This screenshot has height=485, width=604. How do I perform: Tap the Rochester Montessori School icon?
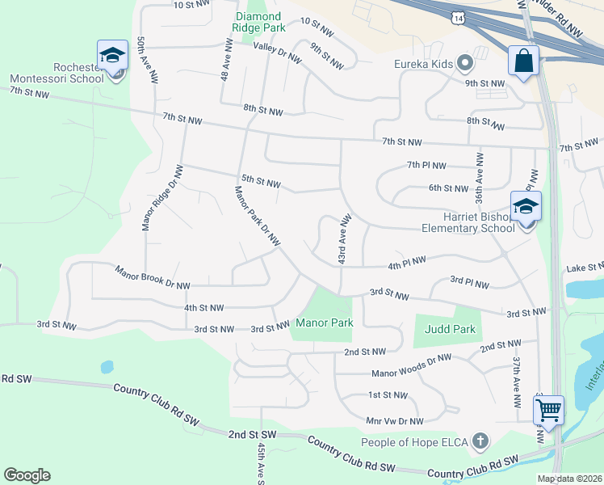(x=112, y=57)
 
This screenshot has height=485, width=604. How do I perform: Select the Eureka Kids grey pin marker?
(x=464, y=62)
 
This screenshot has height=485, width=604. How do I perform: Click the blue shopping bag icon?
(x=523, y=60)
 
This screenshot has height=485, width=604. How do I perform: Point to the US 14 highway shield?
(x=459, y=17)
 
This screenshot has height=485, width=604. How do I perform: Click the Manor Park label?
(x=325, y=323)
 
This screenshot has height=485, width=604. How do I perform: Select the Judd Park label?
(x=451, y=329)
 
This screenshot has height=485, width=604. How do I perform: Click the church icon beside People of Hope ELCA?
(x=480, y=441)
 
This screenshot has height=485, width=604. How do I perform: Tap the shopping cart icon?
(x=548, y=411)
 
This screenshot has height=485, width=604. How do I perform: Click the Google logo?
(x=27, y=474)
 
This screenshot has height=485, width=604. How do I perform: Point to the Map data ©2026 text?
(x=569, y=479)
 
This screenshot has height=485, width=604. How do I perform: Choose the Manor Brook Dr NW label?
(x=153, y=278)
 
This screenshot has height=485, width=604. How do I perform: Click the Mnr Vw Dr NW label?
(x=395, y=421)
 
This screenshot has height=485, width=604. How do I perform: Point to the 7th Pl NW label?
(x=426, y=166)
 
